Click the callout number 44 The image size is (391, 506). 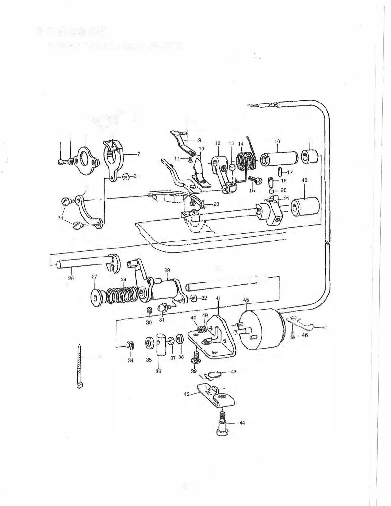242,423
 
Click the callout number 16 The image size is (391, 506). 277,141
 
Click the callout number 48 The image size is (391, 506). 304,180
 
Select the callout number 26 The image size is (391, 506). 71,278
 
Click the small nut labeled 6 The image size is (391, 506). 126,177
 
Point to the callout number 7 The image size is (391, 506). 138,154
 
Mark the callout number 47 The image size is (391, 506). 325,327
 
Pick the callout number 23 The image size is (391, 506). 216,204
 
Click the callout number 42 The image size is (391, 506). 187,394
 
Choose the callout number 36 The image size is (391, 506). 158,371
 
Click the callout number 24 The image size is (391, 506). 60,218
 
